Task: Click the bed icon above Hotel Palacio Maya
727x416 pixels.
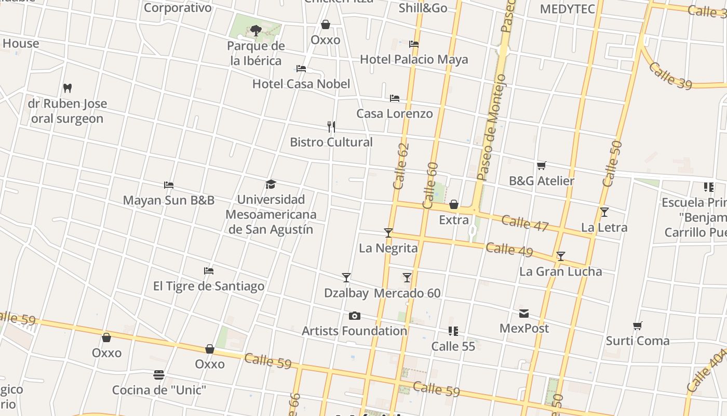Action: [414, 44]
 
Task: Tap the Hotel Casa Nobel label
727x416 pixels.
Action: [301, 84]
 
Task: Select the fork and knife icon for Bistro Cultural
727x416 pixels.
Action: [331, 126]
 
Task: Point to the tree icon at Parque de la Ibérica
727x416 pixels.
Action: [255, 30]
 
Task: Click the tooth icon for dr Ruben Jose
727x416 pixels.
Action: [67, 88]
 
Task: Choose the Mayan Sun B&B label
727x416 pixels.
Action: [168, 200]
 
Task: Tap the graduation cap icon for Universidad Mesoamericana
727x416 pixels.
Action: [271, 184]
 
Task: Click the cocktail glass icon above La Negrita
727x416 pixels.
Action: [388, 232]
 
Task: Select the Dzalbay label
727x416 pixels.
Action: [346, 293]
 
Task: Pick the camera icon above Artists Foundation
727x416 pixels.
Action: [355, 316]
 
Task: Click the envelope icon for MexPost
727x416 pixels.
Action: [524, 313]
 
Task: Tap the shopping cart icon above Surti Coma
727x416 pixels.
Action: [638, 326]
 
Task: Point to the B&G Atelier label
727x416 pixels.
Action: [541, 181]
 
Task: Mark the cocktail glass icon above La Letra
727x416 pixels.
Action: [604, 212]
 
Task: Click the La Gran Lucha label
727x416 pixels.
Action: [560, 271]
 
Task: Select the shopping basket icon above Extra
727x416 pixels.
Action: [454, 204]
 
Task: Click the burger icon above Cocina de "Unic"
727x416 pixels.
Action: [159, 374]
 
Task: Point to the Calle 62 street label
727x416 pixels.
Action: [401, 165]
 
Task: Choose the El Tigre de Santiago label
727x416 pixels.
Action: [208, 286]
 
